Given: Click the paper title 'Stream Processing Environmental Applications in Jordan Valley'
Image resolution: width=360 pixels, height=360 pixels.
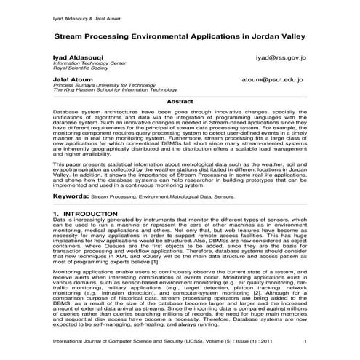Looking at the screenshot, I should pyautogui.click(x=180, y=34).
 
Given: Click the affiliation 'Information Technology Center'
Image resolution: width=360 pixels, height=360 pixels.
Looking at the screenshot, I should pyautogui.click(x=88, y=63).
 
